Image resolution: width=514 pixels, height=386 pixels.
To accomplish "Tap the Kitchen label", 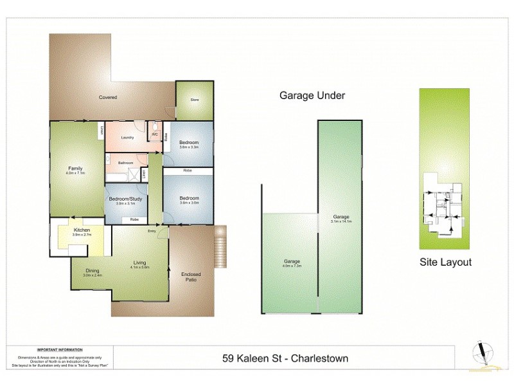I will point(82,230).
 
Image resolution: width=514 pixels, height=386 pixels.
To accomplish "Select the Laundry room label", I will point(127,137).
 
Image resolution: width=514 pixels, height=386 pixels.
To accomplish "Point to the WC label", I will point(155,134).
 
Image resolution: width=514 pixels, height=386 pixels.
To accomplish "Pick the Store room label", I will point(194,100).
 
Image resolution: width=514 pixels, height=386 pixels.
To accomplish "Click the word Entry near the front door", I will point(152,231).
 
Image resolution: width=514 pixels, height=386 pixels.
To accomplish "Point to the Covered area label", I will point(107,97).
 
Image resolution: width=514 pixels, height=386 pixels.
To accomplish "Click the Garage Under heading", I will point(312,96).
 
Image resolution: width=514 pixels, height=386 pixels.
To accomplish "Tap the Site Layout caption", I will point(445,262).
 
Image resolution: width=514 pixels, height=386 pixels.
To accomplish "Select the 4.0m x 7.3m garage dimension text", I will point(292,263).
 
